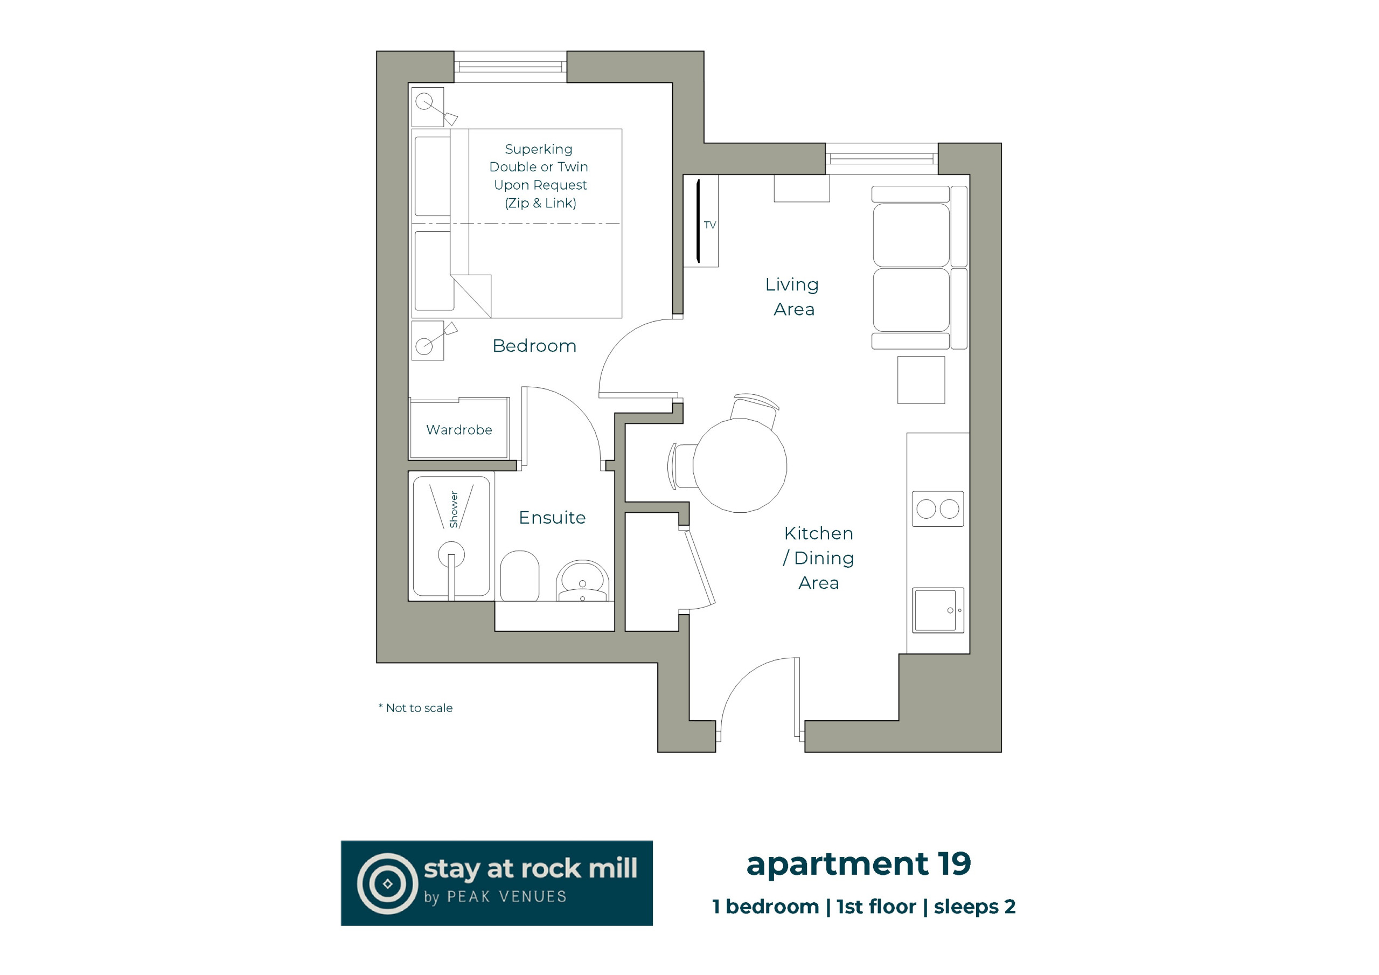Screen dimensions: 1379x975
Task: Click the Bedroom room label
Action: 534,346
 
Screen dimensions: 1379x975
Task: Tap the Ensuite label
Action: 552,518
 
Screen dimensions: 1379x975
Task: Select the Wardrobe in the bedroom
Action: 459,429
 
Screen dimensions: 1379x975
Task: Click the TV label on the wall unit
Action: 710,225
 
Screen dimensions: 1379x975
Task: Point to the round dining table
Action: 740,465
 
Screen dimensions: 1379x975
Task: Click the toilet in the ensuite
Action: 519,576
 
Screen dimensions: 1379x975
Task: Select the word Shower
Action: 454,510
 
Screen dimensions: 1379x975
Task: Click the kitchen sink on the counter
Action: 937,610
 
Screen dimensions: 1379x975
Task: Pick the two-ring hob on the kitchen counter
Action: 937,510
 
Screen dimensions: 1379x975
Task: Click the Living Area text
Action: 793,297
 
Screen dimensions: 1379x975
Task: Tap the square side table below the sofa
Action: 921,380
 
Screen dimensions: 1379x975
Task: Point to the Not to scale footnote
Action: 416,708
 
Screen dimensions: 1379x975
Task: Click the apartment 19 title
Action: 858,865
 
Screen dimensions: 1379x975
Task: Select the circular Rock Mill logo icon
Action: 387,883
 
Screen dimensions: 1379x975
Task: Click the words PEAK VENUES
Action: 507,897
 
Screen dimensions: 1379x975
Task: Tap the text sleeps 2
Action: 975,907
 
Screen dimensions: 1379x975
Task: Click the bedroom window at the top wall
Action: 511,67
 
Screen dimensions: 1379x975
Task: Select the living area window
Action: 882,158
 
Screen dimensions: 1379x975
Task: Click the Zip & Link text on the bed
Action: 540,203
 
